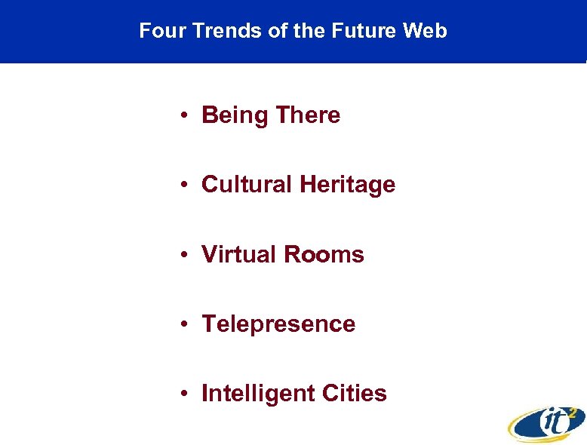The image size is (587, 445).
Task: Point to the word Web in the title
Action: pyautogui.click(x=426, y=31)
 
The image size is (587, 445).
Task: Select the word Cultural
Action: pyautogui.click(x=247, y=185)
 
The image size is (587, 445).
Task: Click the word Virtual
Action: pyautogui.click(x=239, y=255)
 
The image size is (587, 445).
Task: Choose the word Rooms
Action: pyautogui.click(x=324, y=255)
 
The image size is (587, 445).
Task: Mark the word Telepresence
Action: pyautogui.click(x=278, y=324)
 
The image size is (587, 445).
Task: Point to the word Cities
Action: pyautogui.click(x=355, y=394)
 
